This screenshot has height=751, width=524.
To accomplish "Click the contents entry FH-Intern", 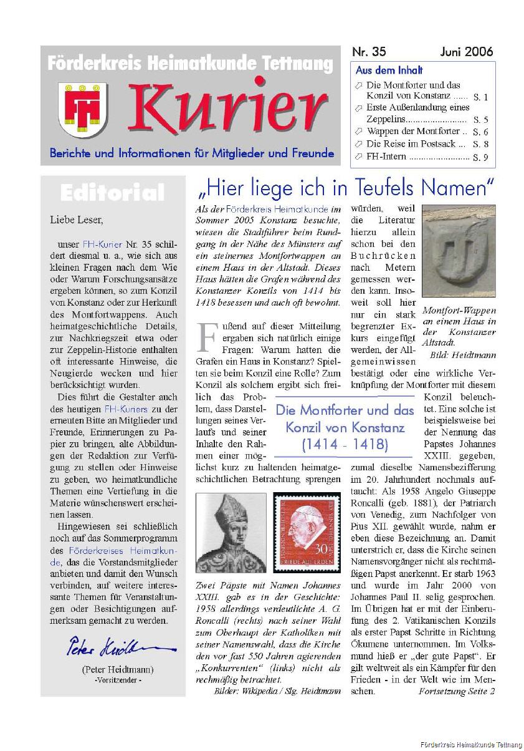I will click(386, 157).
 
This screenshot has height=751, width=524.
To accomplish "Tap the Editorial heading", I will click(113, 193).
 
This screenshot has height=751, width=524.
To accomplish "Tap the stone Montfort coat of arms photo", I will click(459, 251).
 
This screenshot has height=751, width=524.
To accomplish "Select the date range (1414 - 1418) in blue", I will click(345, 445).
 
